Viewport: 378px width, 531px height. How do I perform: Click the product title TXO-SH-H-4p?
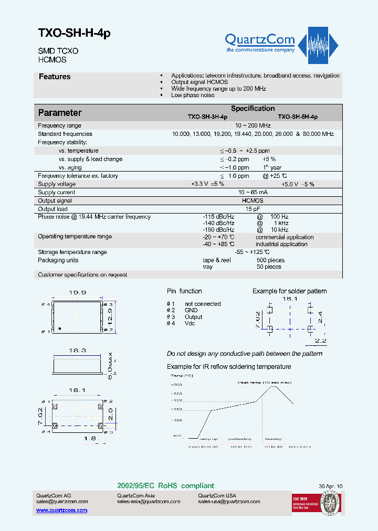point(74,33)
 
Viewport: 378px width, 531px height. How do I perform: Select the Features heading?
point(55,77)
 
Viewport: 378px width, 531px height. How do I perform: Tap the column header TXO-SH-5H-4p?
point(297,117)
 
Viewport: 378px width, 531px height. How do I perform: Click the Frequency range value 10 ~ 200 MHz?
point(253,125)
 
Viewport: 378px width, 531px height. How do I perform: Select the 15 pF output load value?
point(253,209)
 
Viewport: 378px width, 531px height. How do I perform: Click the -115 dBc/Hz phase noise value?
point(218,217)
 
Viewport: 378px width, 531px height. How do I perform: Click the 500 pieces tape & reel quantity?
point(270,260)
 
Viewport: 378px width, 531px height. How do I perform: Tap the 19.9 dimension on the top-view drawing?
point(77,293)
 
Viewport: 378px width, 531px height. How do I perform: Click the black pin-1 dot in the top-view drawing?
point(60,328)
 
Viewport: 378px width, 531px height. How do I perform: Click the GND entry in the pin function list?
point(191,311)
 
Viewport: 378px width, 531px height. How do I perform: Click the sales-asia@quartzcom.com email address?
point(149,502)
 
